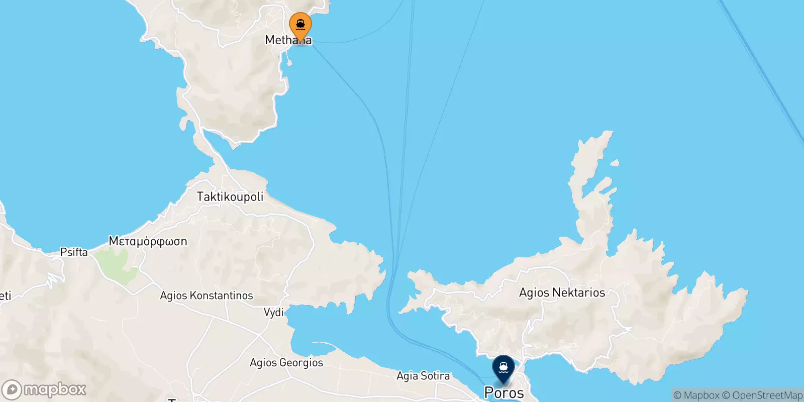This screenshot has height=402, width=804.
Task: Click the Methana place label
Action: coord(288,40)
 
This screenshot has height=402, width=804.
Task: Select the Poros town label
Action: coord(504,393)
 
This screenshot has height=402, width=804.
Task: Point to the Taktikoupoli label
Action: coord(230,196)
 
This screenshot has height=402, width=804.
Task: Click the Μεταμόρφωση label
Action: coord(148,241)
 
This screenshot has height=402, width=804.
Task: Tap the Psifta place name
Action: coord(74,252)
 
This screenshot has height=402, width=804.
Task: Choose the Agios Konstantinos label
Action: coord(206,295)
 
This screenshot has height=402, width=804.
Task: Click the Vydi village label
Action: coord(274,313)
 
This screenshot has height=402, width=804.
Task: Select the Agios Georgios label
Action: coord(286,363)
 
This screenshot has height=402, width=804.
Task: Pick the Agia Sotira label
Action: coord(423,376)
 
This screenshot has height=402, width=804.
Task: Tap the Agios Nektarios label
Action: coord(562,292)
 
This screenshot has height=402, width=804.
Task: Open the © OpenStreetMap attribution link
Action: coord(762,395)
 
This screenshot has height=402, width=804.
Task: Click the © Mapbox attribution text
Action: coord(696,395)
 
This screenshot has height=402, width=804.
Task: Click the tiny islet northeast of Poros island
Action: coord(614,163)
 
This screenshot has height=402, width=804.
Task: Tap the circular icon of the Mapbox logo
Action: coord(12,390)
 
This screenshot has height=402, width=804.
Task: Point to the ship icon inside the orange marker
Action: coord(300,24)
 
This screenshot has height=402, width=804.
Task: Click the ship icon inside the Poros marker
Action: coord(503,367)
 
